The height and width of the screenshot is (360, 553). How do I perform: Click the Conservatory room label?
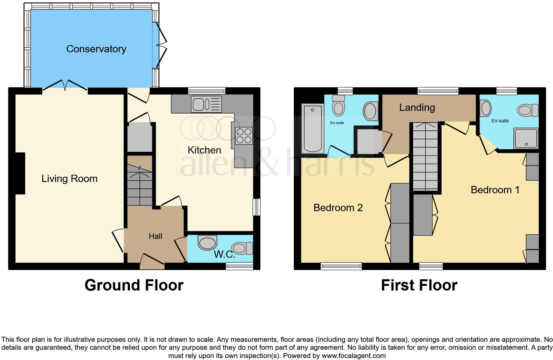tap(96, 49)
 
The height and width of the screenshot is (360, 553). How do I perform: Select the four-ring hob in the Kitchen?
tap(244, 136)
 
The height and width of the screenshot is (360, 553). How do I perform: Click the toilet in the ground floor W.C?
tap(242, 248)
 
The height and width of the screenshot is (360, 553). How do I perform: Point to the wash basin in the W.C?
tap(207, 243)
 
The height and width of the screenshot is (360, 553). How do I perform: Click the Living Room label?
tap(69, 179)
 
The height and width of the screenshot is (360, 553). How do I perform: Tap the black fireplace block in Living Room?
tap(20, 173)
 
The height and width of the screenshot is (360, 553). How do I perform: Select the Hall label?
tap(155, 236)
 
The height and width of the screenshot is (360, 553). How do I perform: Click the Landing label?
tap(417, 108)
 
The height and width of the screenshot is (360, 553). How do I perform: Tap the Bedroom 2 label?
tap(338, 208)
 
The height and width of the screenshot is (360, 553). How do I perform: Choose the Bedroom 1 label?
tap(495, 190)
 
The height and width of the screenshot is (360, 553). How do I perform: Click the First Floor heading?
tap(419, 285)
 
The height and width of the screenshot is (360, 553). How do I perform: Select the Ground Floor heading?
tap(134, 285)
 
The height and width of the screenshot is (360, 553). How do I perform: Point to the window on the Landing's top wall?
tap(438, 90)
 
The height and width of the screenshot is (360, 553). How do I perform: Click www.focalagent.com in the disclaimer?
tap(354, 356)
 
